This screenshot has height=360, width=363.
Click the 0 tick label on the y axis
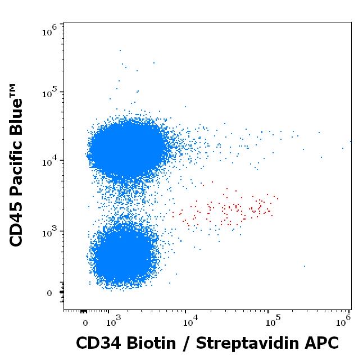tap(48, 293)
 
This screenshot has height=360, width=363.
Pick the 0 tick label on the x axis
tap(85, 323)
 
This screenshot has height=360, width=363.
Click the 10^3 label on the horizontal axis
tap(114, 321)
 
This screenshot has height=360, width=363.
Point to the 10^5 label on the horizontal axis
tap(272, 321)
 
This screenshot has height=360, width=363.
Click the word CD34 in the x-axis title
tap(98, 343)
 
